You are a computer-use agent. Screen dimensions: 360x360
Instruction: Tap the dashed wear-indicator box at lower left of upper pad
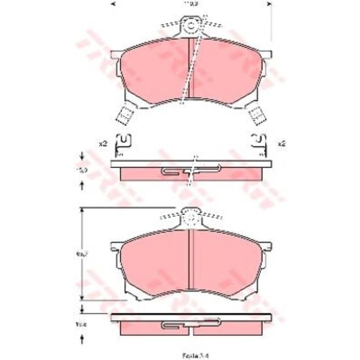(124, 114)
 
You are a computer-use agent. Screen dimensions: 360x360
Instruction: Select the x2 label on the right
(281, 144)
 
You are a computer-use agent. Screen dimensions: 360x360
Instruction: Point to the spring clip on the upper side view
(190, 170)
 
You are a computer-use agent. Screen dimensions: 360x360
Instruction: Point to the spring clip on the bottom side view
(190, 325)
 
